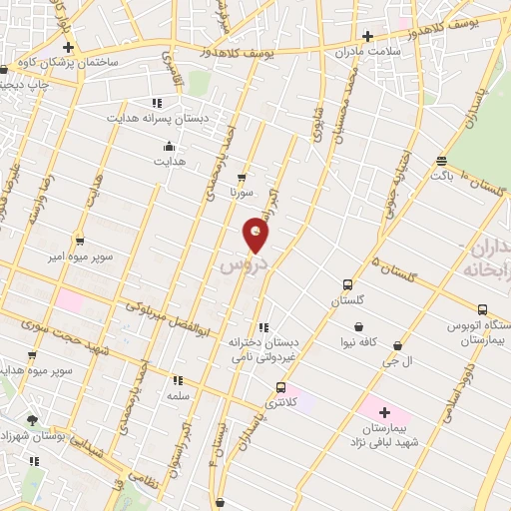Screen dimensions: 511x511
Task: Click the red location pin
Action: click(x=256, y=236)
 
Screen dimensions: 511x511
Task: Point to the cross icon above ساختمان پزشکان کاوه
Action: click(x=67, y=46)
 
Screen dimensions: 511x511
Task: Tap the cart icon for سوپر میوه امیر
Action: click(x=81, y=240)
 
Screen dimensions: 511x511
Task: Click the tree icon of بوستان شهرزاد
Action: click(x=33, y=420)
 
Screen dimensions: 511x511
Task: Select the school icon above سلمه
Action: click(x=178, y=380)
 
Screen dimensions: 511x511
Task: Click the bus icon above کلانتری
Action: click(x=280, y=387)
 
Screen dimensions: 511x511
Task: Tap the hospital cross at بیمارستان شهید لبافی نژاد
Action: click(x=380, y=411)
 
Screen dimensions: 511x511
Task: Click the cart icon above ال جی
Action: click(x=397, y=346)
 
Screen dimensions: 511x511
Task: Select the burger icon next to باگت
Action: click(x=441, y=160)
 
